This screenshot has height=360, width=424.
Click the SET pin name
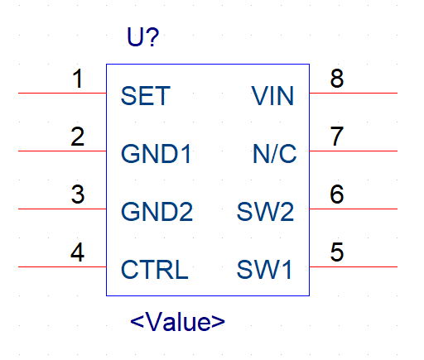[x=146, y=96]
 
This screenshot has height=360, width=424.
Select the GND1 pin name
[x=156, y=154]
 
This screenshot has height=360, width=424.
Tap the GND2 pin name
[x=157, y=212]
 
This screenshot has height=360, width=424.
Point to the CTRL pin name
[x=155, y=270]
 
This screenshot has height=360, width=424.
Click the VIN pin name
[x=272, y=96]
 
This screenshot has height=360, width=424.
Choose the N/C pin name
[x=275, y=154]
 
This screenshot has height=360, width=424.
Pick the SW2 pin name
[x=265, y=212]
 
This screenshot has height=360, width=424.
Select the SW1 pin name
[x=264, y=270]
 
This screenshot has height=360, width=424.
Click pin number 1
[x=78, y=79]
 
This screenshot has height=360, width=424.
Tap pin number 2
[x=77, y=137]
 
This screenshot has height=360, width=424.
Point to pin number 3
[x=78, y=194]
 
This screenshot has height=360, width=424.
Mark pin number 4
[x=77, y=252]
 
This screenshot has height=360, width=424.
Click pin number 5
[x=337, y=252]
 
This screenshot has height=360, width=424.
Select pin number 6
[x=337, y=194]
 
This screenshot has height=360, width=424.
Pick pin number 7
[x=337, y=137]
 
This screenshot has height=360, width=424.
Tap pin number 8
[x=337, y=79]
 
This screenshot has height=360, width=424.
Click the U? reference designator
[x=143, y=36]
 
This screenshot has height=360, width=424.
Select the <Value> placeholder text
[x=177, y=322]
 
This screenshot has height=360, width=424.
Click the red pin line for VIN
[x=354, y=93]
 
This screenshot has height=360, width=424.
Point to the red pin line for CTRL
[x=62, y=266]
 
